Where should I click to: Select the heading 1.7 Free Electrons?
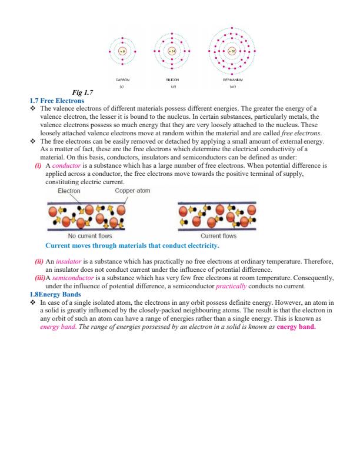point(52,101)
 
